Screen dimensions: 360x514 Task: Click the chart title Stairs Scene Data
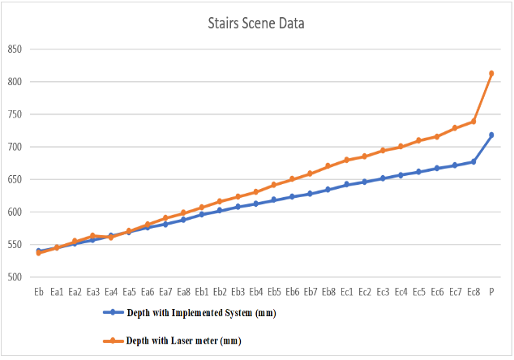click(x=256, y=24)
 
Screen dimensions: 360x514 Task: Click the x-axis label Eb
click(x=38, y=291)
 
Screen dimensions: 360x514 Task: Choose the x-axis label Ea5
click(x=129, y=291)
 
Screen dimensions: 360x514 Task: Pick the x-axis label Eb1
click(x=202, y=291)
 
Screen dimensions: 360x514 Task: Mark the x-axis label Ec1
click(x=346, y=291)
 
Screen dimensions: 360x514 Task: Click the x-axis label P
click(x=491, y=291)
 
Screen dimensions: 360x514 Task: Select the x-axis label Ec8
click(x=473, y=291)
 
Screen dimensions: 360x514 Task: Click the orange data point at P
click(x=491, y=74)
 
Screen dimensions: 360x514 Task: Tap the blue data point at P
click(x=491, y=135)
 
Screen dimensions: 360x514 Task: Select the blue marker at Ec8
click(x=473, y=161)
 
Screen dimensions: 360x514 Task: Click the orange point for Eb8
click(x=328, y=166)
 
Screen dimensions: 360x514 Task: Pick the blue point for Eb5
click(x=274, y=199)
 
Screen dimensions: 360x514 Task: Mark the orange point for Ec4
click(x=400, y=147)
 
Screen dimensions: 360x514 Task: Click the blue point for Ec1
click(x=346, y=185)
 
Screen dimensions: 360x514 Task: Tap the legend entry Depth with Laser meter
click(x=183, y=340)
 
